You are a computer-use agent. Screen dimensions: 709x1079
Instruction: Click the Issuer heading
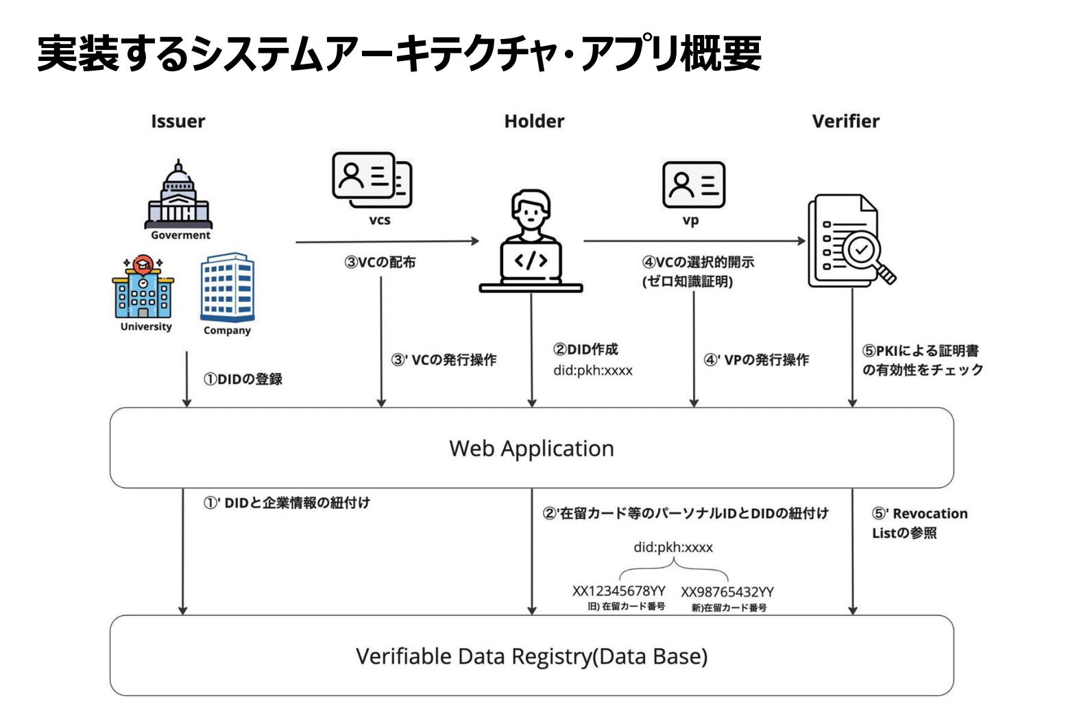pyautogui.click(x=178, y=121)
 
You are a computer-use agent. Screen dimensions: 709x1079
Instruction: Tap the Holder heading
pyautogui.click(x=534, y=121)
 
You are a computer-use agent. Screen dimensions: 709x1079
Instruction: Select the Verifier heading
pyautogui.click(x=845, y=121)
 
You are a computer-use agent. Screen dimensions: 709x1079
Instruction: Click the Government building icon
pyautogui.click(x=178, y=195)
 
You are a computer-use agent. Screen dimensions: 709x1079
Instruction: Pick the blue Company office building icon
pyautogui.click(x=227, y=287)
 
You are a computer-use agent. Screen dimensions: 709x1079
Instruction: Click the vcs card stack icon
pyautogui.click(x=372, y=180)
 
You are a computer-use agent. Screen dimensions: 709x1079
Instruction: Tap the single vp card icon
pyautogui.click(x=693, y=184)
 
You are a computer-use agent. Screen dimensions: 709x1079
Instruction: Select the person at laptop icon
pyautogui.click(x=531, y=241)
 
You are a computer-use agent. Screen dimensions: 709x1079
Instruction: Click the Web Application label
pyautogui.click(x=531, y=448)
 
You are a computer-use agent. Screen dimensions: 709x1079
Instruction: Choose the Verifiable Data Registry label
pyautogui.click(x=531, y=656)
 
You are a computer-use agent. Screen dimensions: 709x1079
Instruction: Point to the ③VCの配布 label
pyautogui.click(x=380, y=262)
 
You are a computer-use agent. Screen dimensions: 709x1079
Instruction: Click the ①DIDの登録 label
pyautogui.click(x=243, y=379)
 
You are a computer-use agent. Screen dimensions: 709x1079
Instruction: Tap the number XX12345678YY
pyautogui.click(x=618, y=591)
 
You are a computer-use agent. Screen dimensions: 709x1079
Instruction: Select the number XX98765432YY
pyautogui.click(x=727, y=592)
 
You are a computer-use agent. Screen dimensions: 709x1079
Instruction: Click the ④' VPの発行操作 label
pyautogui.click(x=756, y=360)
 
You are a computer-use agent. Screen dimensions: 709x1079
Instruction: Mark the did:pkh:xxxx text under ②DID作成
pyautogui.click(x=593, y=371)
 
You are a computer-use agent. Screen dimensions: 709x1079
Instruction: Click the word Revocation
pyautogui.click(x=930, y=514)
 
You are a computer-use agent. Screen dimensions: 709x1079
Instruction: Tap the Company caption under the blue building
pyautogui.click(x=227, y=331)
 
